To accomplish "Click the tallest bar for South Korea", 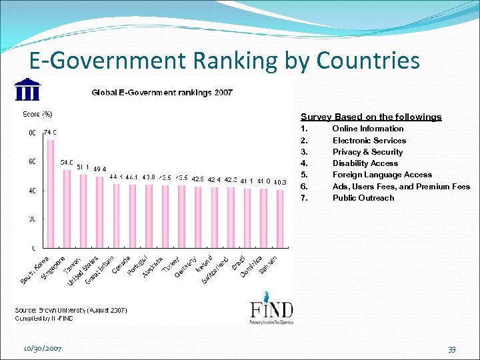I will click(x=51, y=193).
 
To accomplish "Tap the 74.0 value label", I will click(x=51, y=133).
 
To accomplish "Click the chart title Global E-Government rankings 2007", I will click(x=162, y=93).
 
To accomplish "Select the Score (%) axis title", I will click(x=38, y=114).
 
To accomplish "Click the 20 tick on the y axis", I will click(x=31, y=219).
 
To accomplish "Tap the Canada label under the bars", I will click(x=121, y=266).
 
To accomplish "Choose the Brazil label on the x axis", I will click(x=239, y=263).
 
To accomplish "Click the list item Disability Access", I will click(x=365, y=163).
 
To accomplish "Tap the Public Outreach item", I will click(x=363, y=198).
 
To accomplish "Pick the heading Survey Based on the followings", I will click(x=371, y=117).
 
